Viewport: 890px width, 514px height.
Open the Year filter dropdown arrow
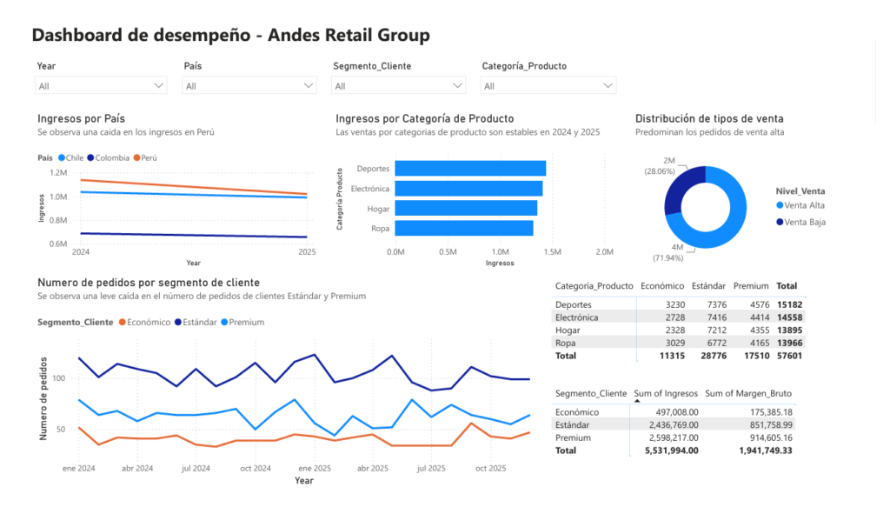[x=158, y=86]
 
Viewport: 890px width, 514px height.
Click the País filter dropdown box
[x=249, y=86]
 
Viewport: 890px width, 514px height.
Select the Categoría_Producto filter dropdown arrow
[x=608, y=86]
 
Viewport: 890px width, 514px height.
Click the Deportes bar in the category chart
[x=470, y=168]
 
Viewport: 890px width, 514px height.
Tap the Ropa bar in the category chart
[x=464, y=229]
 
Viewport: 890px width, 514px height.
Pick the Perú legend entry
[x=145, y=158]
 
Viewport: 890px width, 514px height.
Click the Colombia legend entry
[x=109, y=158]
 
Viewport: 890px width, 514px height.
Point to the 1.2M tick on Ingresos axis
[x=58, y=173]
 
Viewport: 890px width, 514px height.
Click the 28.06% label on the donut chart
[x=660, y=171]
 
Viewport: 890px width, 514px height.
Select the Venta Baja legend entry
[x=800, y=222]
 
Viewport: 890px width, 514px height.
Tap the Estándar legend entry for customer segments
[x=196, y=322]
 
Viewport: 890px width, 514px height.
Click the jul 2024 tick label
[x=196, y=469]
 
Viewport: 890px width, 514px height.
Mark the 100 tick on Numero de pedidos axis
[x=59, y=378]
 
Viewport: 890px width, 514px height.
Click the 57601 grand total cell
[x=789, y=356]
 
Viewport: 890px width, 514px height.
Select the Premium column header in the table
[x=750, y=285]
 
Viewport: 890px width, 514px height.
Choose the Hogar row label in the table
[x=568, y=330]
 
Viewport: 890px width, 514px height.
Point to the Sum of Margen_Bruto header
[x=748, y=393]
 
